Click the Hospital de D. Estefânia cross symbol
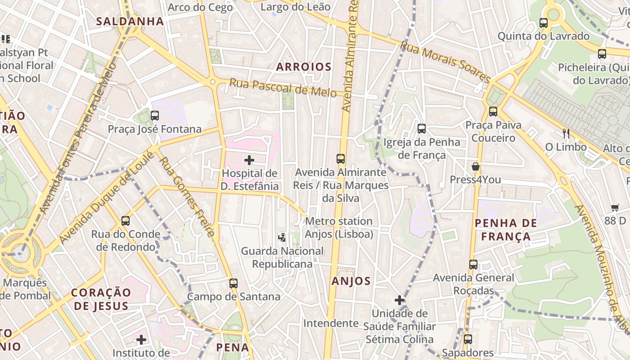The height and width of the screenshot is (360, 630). [x=249, y=160]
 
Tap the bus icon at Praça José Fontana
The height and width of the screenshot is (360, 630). [x=155, y=116]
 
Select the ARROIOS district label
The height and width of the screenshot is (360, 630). [x=304, y=67]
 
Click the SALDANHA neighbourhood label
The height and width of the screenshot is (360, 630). [x=130, y=21]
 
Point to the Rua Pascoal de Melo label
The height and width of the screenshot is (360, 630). [x=283, y=87]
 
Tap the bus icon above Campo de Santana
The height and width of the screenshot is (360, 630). [x=233, y=283]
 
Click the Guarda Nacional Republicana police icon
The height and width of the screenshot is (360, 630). [x=282, y=237]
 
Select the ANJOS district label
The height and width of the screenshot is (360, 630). [x=351, y=281]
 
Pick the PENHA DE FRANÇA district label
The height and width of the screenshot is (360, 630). [x=506, y=229]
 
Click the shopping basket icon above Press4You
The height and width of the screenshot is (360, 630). [x=476, y=166]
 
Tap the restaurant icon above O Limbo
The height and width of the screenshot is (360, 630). [x=566, y=133]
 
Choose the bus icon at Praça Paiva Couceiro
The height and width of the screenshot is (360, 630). [x=493, y=111]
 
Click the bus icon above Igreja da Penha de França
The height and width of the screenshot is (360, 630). [x=422, y=129]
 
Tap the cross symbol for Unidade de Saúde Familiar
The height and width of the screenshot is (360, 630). [x=399, y=300]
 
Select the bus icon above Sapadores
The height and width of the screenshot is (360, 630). [x=468, y=339]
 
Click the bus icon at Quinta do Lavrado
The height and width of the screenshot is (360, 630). [x=544, y=22]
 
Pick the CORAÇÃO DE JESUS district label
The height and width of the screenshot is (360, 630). [x=101, y=299]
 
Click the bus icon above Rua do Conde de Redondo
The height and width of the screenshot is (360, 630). [x=126, y=221]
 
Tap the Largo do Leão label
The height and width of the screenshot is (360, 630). [x=295, y=7]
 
